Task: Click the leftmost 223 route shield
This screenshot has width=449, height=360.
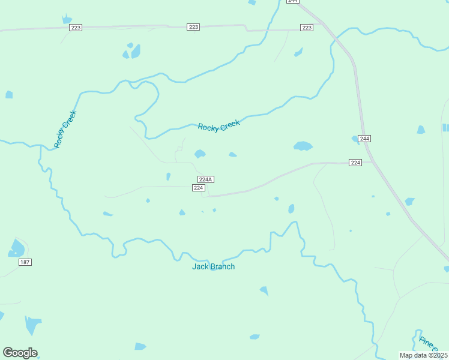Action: pos(76,28)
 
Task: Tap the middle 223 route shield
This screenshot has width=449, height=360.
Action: pos(193,27)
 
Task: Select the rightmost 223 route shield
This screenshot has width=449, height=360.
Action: pos(307,28)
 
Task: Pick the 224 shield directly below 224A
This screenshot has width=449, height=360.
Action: pos(199,188)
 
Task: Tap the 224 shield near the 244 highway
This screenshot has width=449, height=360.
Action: pos(356,163)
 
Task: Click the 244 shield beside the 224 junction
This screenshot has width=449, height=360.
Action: pos(364,139)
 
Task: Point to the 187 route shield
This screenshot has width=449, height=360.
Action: pos(25,262)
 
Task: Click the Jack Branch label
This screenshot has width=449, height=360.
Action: pos(213,266)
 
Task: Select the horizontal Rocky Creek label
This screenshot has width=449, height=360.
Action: pos(218,125)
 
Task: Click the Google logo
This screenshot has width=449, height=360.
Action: pos(20,353)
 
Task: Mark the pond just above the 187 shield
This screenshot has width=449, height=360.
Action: pos(17,248)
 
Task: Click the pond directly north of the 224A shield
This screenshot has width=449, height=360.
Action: pos(200,154)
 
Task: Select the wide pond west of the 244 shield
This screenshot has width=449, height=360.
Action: pos(303,146)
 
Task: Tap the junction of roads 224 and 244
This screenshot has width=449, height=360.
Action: pos(371,162)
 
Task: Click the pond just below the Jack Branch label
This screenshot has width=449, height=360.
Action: pos(264,290)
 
